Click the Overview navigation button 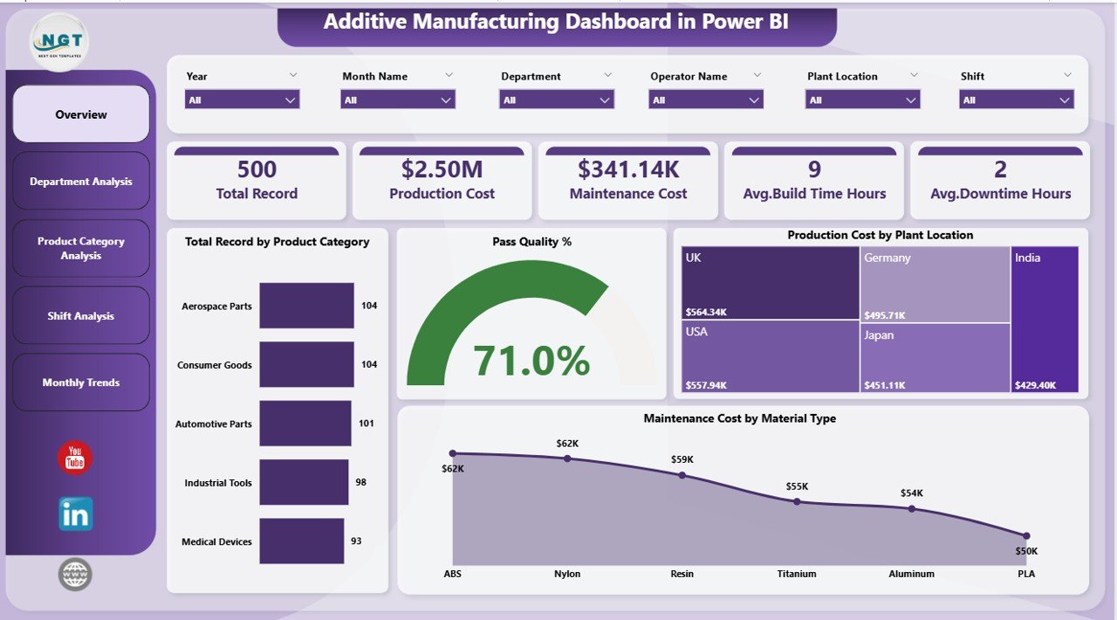(81, 114)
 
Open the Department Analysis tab (81, 182)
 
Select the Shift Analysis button (81, 316)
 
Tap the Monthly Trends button (81, 382)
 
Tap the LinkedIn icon (76, 514)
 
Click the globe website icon (75, 575)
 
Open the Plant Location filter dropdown (862, 100)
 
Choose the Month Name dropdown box (398, 100)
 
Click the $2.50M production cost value (442, 169)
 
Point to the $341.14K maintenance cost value (628, 169)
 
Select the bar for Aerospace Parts (306, 306)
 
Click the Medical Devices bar (301, 541)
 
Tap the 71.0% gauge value (531, 361)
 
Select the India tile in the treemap (1045, 320)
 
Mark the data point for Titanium (797, 501)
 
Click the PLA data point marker (1026, 535)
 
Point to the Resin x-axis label (682, 574)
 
